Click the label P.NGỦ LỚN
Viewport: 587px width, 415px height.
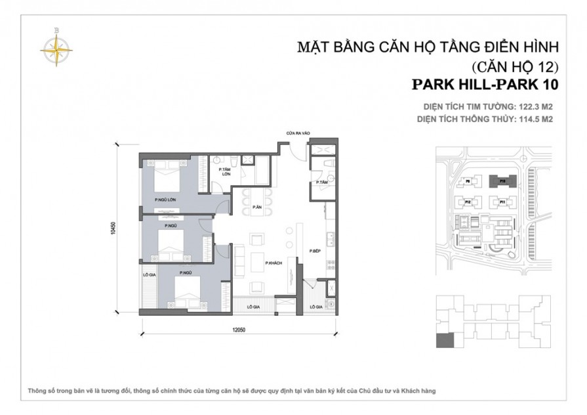165,199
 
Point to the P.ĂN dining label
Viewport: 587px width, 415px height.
258,207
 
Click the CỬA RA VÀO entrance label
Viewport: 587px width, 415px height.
297,133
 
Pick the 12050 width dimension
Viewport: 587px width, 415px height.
238,330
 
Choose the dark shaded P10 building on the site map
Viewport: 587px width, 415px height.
502,180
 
